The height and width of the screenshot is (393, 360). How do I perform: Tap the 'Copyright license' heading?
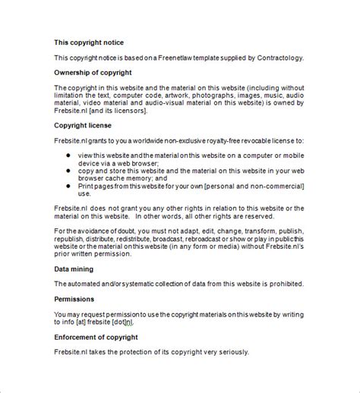coord(84,124)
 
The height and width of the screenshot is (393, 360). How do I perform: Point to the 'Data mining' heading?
coord(74,269)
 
